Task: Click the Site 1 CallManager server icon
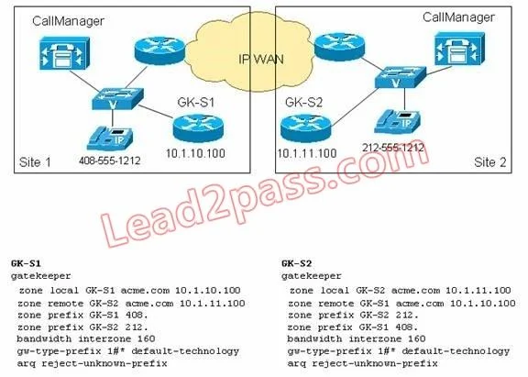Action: click(64, 53)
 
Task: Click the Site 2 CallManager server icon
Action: click(459, 50)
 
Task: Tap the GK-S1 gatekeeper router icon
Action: click(198, 128)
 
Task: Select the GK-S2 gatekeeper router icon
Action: click(306, 128)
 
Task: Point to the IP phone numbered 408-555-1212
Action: click(110, 139)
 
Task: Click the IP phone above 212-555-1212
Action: click(398, 122)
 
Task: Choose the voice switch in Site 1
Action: click(118, 99)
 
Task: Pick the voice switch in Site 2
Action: click(401, 77)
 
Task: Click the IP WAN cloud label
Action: click(261, 60)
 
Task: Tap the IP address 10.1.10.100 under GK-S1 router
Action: click(195, 153)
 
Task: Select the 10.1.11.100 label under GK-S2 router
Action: click(306, 153)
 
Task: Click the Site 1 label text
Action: click(35, 162)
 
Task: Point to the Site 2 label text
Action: click(489, 162)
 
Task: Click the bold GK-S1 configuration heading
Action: click(26, 263)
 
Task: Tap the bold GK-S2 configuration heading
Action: click(297, 263)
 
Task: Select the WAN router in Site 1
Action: click(159, 51)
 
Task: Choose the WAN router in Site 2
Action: click(339, 47)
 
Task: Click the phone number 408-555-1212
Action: click(110, 161)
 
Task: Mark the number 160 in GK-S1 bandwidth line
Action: click(146, 338)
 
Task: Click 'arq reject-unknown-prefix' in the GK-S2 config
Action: click(362, 364)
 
